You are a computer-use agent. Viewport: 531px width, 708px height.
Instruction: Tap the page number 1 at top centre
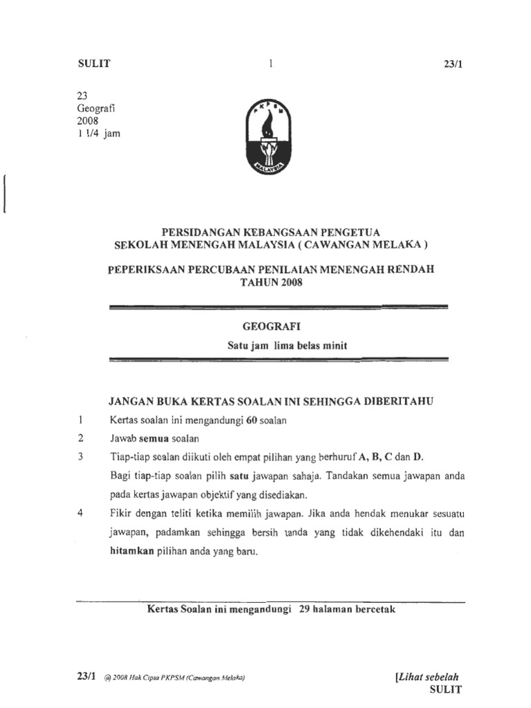pos(272,64)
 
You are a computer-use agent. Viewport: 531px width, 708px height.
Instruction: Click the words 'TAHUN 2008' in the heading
pos(271,282)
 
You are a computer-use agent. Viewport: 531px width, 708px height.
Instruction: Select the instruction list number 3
pos(81,456)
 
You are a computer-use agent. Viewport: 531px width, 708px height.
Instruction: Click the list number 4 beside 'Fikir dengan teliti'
pos(81,514)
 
